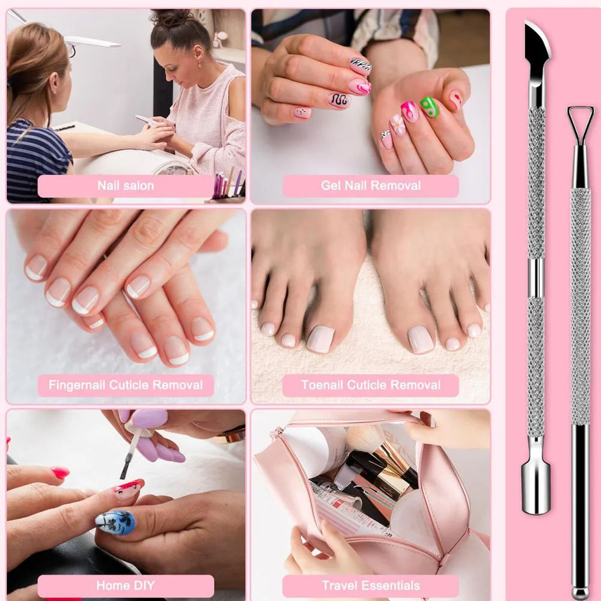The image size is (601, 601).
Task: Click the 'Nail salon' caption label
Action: pyautogui.click(x=126, y=186)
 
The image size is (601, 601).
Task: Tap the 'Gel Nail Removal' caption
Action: pyautogui.click(x=370, y=186)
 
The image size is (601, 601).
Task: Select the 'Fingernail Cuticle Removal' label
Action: pyautogui.click(x=126, y=385)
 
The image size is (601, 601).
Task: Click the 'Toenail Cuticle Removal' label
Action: pyautogui.click(x=370, y=385)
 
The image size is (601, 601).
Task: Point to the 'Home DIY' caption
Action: pyautogui.click(x=126, y=585)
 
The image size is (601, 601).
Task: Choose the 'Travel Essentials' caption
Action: pyautogui.click(x=370, y=585)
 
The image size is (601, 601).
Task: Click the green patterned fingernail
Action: pyautogui.click(x=430, y=107)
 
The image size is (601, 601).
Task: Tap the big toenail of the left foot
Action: pyautogui.click(x=320, y=338)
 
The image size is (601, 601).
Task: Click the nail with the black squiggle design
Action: pyautogui.click(x=339, y=100)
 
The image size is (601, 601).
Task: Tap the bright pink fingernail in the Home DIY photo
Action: pyautogui.click(x=60, y=472)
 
